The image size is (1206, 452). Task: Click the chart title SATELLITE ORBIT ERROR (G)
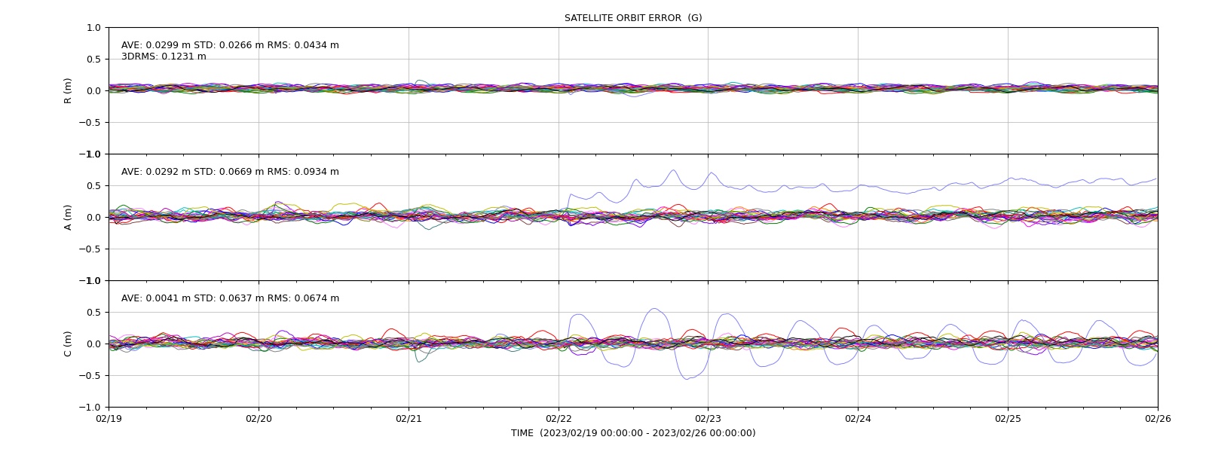(x=633, y=18)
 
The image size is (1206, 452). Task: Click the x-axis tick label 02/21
(x=409, y=419)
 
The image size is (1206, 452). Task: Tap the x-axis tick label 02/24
(x=859, y=419)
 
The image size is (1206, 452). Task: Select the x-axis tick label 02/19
(x=109, y=419)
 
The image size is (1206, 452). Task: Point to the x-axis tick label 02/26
(x=1158, y=419)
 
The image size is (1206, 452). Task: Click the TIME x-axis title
(x=633, y=433)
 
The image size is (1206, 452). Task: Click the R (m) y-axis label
(x=67, y=91)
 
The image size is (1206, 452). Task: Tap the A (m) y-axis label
(x=67, y=218)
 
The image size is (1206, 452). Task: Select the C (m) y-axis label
(x=67, y=344)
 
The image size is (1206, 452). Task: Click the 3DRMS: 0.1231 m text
(x=164, y=56)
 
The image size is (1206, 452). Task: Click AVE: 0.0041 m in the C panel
(x=155, y=298)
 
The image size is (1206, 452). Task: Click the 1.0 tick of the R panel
(x=93, y=28)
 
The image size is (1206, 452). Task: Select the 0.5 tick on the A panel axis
(x=93, y=185)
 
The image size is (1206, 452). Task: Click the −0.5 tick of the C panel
(x=90, y=376)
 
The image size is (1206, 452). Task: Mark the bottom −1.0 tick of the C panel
(x=90, y=408)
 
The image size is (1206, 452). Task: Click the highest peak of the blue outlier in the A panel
(x=673, y=170)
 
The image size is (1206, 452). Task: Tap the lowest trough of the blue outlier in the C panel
(x=687, y=380)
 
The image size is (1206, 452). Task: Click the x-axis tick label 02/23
(x=708, y=419)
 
